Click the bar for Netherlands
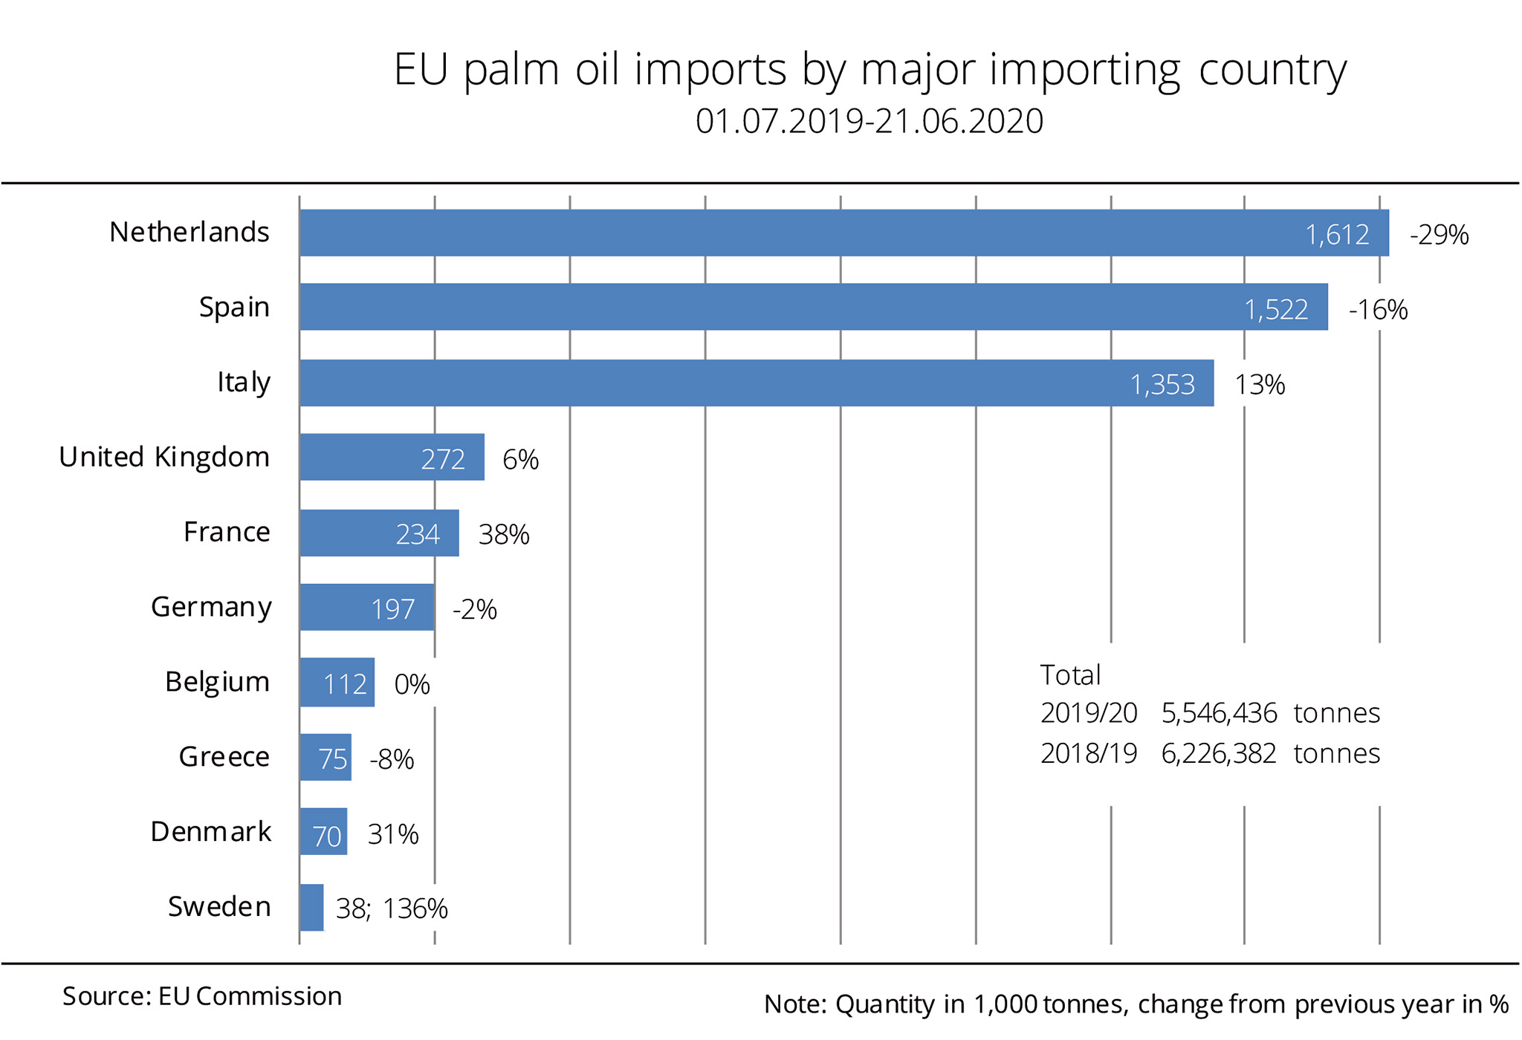click(x=843, y=233)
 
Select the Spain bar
click(x=813, y=307)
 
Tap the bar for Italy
click(x=757, y=383)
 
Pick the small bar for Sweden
click(x=311, y=907)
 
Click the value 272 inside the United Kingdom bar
click(x=443, y=459)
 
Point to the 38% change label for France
click(x=504, y=534)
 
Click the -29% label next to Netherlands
click(x=1439, y=235)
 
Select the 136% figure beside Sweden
click(x=415, y=909)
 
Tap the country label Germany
click(x=211, y=607)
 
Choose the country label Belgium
click(x=217, y=681)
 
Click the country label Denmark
click(x=211, y=831)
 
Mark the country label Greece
click(x=224, y=756)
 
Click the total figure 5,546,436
click(x=1219, y=713)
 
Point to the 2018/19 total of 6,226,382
click(x=1219, y=753)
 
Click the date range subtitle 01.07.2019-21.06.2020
click(x=870, y=121)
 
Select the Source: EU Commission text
click(x=202, y=996)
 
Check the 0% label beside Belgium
click(x=412, y=684)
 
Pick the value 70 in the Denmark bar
click(x=326, y=836)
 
